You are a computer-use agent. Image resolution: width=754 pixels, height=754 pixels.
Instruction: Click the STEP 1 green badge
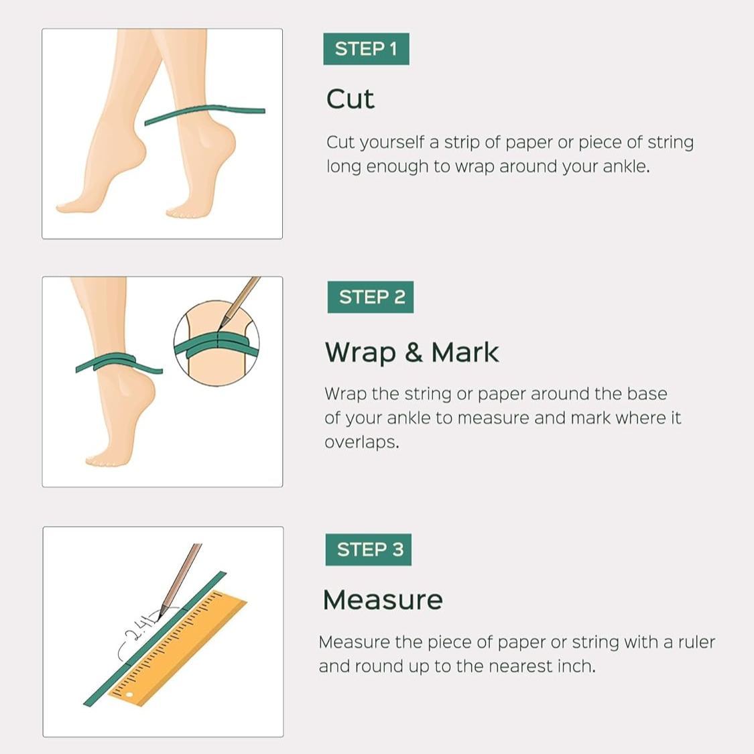click(x=366, y=49)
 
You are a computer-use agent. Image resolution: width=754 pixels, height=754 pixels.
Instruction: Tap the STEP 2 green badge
click(x=371, y=297)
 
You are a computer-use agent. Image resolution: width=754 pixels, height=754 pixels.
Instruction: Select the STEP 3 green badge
click(x=369, y=550)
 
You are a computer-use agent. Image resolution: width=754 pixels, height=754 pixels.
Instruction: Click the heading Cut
click(x=350, y=99)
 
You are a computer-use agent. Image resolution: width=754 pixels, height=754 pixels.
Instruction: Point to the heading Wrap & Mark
click(x=412, y=353)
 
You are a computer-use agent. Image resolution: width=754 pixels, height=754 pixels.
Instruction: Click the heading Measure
click(x=383, y=600)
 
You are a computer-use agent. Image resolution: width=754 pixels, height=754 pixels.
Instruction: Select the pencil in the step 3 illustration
click(x=180, y=576)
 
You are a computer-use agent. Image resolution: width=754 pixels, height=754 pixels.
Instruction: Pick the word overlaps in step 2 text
click(x=361, y=442)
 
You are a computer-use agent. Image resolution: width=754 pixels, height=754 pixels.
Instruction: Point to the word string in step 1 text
click(x=670, y=142)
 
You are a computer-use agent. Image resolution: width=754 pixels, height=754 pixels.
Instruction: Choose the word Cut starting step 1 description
click(x=340, y=142)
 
